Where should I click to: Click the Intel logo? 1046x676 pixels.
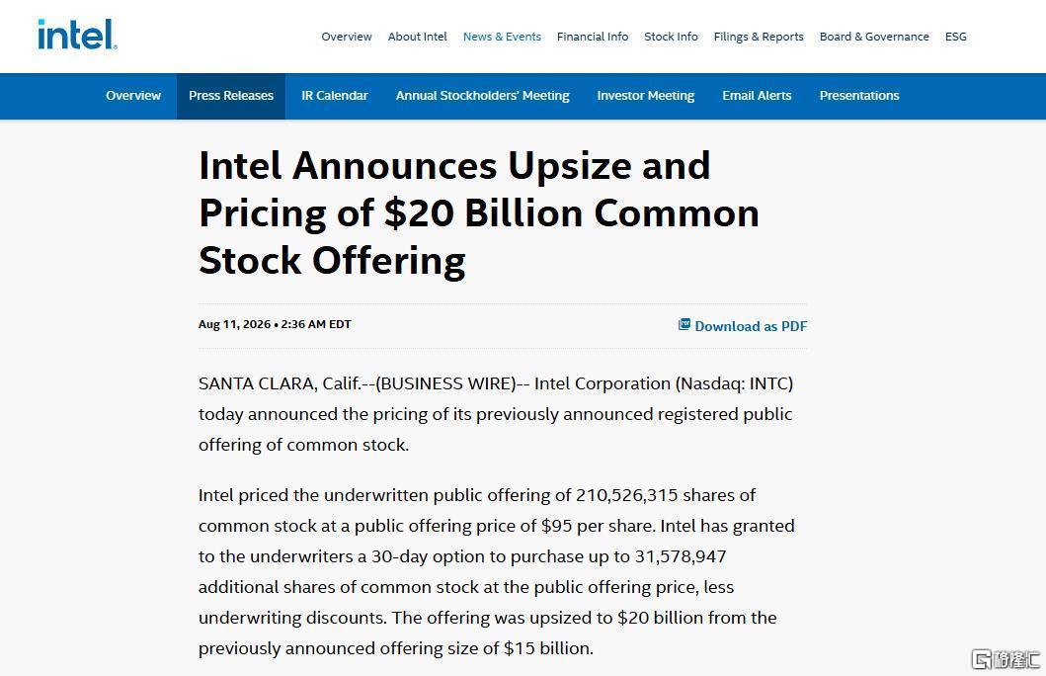77,34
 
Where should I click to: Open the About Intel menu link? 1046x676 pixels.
418,37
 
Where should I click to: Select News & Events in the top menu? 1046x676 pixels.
503,37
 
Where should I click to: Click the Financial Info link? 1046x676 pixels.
593,37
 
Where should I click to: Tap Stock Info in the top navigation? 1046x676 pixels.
671,37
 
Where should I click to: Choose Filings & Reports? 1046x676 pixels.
759,37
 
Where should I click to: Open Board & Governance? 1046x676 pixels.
874,37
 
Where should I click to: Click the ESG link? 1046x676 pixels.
956,37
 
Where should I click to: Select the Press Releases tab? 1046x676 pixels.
231,96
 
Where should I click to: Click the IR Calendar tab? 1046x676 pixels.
334,96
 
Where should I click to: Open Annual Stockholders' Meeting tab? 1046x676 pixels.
482,96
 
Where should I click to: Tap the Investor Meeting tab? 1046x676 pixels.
646,96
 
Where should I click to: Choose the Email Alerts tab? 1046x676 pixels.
757,96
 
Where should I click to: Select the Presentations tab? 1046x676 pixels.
859,96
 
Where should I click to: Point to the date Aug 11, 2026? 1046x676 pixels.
234,324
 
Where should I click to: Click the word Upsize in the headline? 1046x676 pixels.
569,165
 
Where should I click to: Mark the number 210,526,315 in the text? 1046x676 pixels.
627,495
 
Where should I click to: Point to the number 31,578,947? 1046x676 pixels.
681,556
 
